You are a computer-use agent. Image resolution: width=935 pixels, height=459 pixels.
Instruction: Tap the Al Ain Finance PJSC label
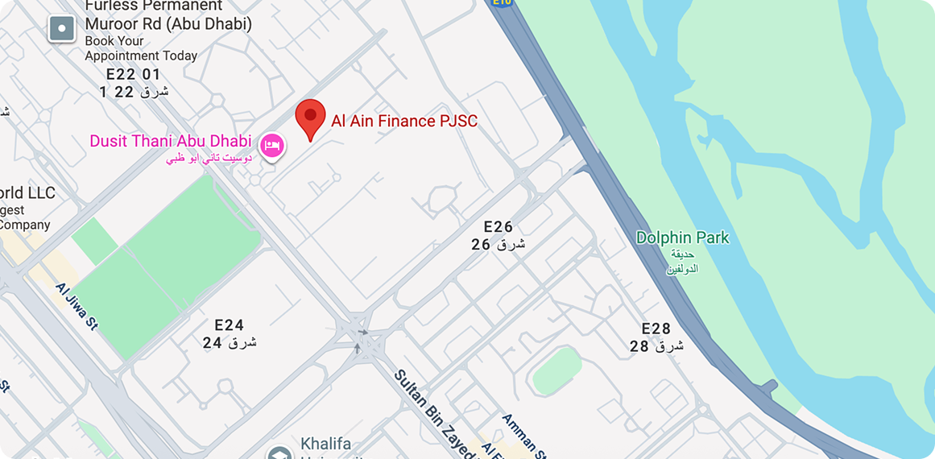click(404, 122)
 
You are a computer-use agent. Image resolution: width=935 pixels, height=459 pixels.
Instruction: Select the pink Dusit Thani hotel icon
click(273, 146)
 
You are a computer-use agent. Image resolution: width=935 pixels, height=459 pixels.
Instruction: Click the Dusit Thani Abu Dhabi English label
click(170, 141)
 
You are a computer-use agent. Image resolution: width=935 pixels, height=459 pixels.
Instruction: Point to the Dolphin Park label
click(682, 238)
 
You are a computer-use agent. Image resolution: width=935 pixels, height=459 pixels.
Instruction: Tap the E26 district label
click(498, 227)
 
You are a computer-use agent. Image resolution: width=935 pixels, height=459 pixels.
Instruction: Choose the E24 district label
click(229, 325)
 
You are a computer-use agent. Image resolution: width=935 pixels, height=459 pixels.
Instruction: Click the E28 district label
click(656, 329)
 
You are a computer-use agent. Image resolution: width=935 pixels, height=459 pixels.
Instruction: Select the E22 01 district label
click(133, 74)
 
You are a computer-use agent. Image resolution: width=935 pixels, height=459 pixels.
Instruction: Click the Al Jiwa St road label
click(77, 306)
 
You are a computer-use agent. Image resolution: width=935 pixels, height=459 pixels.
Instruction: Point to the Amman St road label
click(524, 436)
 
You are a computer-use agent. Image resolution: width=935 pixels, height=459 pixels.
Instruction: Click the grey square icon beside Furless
click(62, 30)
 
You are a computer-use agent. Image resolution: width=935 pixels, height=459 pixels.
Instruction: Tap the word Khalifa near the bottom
click(326, 444)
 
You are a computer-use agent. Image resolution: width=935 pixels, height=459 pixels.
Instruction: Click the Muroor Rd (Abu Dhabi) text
click(168, 24)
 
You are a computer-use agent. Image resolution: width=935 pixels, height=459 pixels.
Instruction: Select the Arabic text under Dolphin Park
click(682, 262)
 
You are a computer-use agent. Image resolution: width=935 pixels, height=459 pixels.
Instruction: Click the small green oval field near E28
click(556, 370)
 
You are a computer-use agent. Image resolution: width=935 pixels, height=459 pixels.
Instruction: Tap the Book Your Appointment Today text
click(141, 48)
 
